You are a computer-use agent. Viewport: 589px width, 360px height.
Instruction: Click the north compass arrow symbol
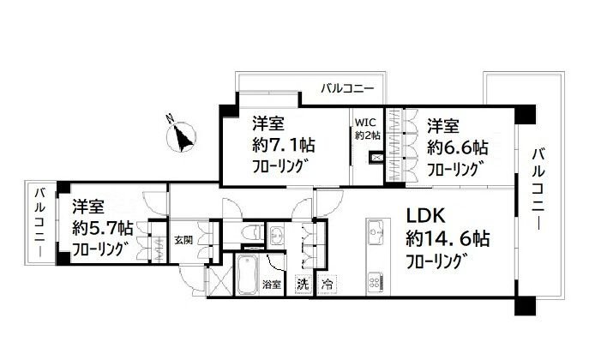pos(183,136)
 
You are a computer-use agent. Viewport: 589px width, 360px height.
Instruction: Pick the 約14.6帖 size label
pos(445,238)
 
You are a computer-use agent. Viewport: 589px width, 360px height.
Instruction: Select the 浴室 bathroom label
pos(272,283)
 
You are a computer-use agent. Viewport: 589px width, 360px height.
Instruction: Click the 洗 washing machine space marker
pos(302,283)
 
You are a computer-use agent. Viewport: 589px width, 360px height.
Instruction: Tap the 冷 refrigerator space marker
pos(327,283)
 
